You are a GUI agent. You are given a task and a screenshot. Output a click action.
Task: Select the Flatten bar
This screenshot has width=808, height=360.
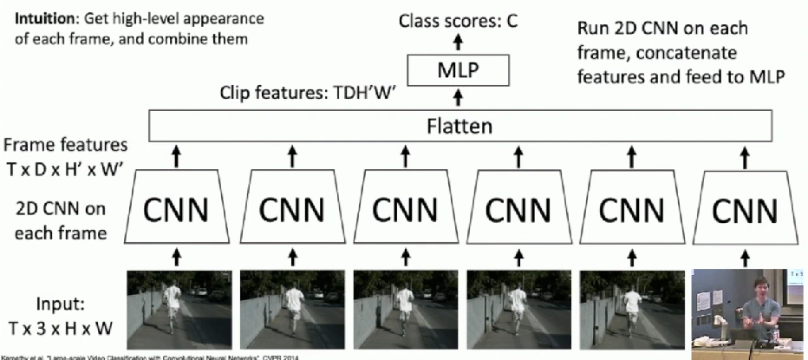[459, 128]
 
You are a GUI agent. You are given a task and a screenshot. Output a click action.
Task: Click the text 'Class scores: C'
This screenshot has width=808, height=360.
[457, 20]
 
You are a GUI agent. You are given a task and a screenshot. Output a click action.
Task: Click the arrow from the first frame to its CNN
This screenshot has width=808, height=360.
[176, 255]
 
